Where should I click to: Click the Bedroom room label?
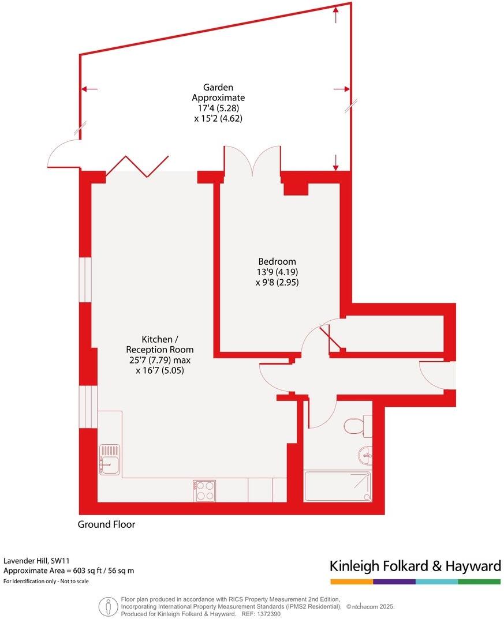point(277,261)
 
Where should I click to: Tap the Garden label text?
point(218,88)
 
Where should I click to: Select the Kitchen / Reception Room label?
point(160,344)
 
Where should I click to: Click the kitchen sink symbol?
point(109,459)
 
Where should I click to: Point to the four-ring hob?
point(205,490)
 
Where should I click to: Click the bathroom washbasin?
point(365,456)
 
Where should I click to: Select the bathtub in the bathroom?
point(338,486)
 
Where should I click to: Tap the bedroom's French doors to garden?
point(252,160)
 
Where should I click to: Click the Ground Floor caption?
point(106,524)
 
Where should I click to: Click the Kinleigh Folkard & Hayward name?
point(415,566)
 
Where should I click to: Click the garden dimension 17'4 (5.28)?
point(218,108)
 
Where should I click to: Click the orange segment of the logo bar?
point(352,582)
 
